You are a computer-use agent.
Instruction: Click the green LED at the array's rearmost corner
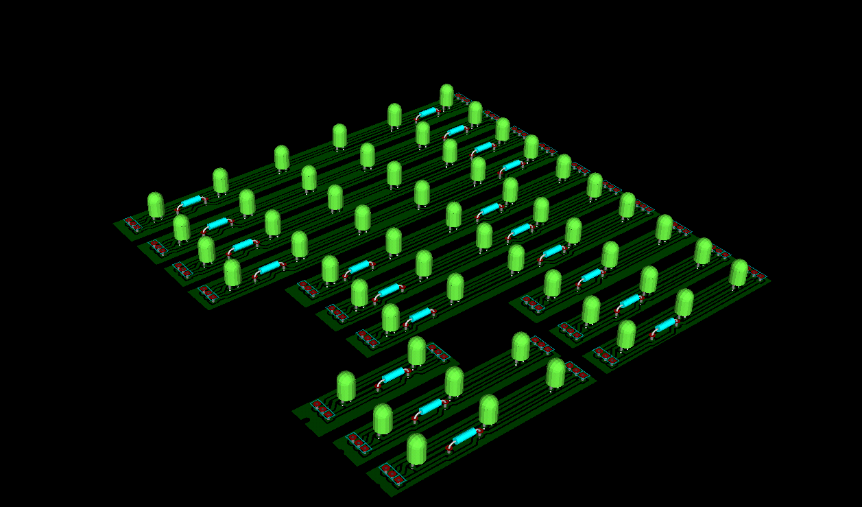coord(446,95)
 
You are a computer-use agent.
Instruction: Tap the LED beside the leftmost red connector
coord(156,205)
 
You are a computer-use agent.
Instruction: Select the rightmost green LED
coord(739,272)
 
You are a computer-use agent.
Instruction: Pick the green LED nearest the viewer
coord(416,449)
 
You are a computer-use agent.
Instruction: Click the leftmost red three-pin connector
coord(133,224)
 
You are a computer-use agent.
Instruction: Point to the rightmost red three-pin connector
coord(757,274)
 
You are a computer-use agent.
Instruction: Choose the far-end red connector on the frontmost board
coord(577,371)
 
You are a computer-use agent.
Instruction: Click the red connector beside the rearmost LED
coord(464,99)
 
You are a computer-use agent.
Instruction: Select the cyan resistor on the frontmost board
coord(465,436)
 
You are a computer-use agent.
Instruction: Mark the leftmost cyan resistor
coord(191,201)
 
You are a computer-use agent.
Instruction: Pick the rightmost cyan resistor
coord(665,325)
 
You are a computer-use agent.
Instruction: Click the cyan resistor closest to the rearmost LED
coord(428,113)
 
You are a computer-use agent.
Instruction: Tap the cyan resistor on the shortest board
coord(394,375)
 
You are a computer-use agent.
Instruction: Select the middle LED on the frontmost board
coord(488,409)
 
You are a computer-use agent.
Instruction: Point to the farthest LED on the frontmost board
coord(555,373)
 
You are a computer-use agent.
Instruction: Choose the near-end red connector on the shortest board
coord(322,410)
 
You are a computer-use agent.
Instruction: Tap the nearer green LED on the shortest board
coord(346,386)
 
